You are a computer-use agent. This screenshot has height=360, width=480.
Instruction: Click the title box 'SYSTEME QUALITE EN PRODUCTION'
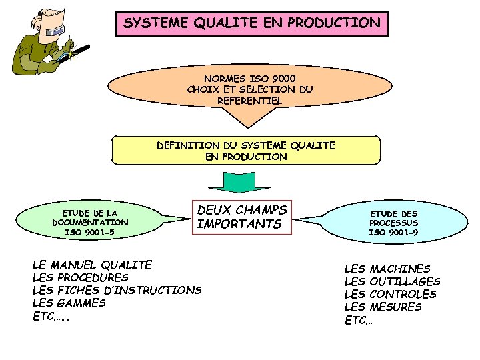pos(252,23)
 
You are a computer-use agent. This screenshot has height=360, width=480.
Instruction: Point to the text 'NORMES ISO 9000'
pos(250,77)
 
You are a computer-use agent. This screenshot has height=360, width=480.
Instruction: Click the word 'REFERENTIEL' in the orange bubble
pos(249,100)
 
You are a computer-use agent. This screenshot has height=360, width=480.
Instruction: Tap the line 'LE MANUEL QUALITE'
pos(92,265)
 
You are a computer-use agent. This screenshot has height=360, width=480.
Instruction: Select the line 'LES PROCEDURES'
pos(80,277)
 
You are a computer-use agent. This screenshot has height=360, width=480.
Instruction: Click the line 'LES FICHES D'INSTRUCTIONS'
pos(117,290)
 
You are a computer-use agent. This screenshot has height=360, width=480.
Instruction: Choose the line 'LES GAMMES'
pos(69,303)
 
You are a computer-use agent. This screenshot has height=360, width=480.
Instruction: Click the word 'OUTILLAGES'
pos(405,281)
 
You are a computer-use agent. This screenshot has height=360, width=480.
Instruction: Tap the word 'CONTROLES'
pos(403,294)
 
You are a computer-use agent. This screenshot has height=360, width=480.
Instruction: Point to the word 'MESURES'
pos(395,307)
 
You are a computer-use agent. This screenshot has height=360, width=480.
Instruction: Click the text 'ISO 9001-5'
pos(89,232)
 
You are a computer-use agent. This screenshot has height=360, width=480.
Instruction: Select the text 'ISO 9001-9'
pos(393,232)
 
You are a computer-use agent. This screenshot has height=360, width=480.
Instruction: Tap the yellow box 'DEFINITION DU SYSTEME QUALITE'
pos(246,151)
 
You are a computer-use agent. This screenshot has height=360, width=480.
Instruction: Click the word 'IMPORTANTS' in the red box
pos(239,224)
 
